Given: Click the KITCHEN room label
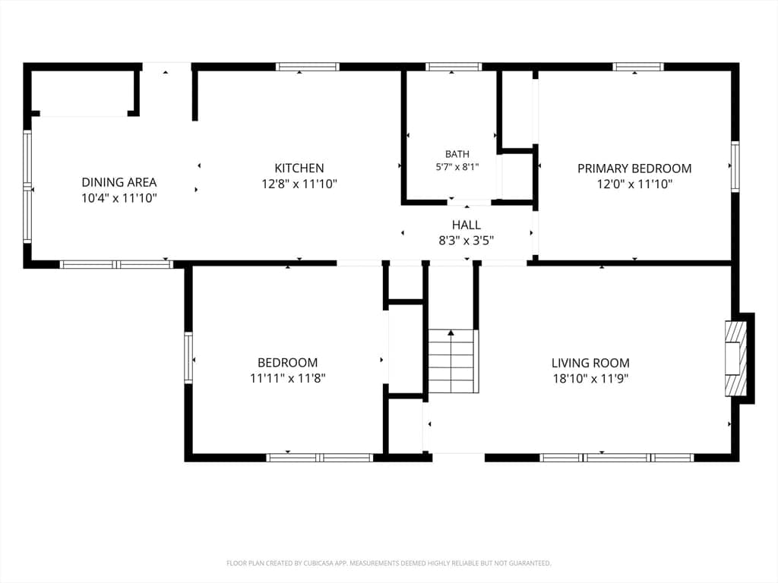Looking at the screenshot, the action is click(299, 168).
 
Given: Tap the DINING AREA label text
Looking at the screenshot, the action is click(119, 182).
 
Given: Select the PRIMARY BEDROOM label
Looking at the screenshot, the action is click(634, 169).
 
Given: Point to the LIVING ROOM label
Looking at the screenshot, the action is click(590, 363).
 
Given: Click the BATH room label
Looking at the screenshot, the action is click(457, 154).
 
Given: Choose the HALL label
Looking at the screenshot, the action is click(466, 225).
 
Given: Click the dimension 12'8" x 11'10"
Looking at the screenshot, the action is click(299, 184).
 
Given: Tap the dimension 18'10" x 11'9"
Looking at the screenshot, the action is click(590, 379).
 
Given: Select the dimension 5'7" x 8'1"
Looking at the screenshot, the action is click(457, 167).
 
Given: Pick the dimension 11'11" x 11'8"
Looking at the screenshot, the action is click(288, 379).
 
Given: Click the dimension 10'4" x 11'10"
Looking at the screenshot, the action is click(119, 198).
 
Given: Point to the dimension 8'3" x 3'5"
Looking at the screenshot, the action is click(466, 241).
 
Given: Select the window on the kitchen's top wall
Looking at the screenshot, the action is click(308, 67).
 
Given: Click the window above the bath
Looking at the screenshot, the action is click(454, 67).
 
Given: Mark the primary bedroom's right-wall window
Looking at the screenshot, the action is click(735, 166).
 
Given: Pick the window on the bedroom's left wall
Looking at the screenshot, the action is click(188, 358).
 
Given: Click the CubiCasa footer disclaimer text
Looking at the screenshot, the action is click(388, 563).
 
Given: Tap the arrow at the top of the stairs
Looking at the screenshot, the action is click(451, 332).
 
